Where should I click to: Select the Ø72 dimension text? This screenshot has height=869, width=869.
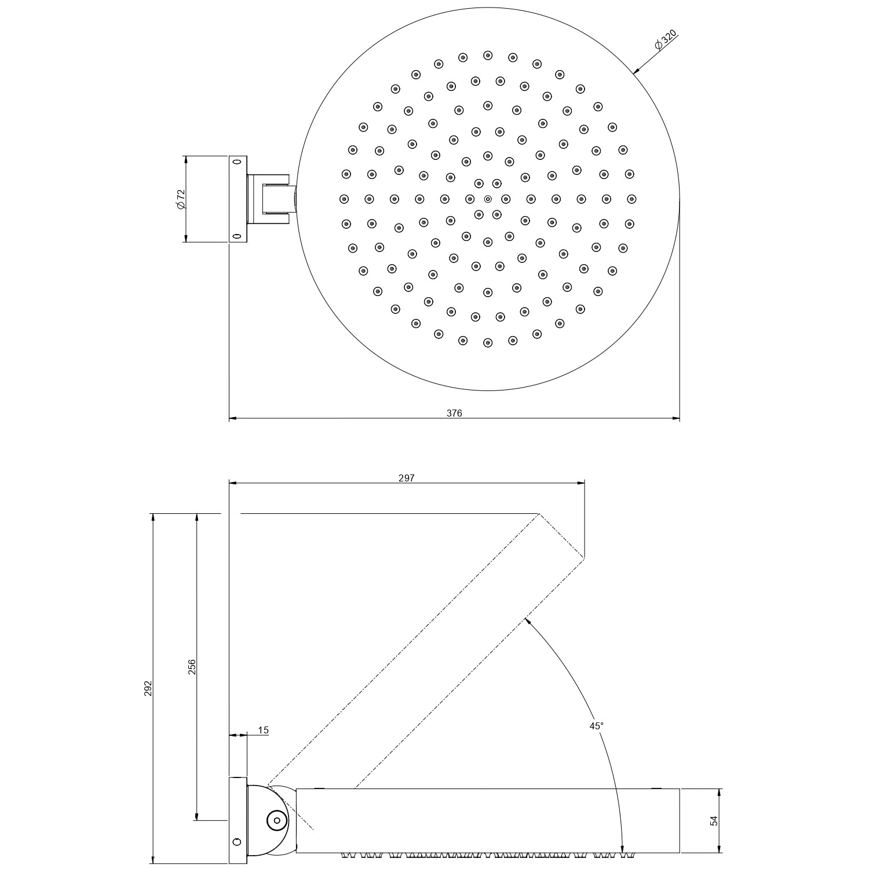pos(180,199)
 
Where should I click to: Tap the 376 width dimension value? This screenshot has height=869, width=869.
pos(454,413)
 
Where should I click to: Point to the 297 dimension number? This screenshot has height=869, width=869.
pos(407,478)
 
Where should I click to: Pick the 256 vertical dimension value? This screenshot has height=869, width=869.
pos(192,667)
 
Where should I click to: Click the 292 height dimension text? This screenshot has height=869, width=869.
pos(148,688)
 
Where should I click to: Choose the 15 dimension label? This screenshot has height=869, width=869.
pos(263,731)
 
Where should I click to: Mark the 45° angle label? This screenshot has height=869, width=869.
pos(597,725)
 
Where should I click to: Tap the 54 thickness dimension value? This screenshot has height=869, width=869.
pos(714,820)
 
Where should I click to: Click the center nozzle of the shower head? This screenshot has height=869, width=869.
pos(487,199)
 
